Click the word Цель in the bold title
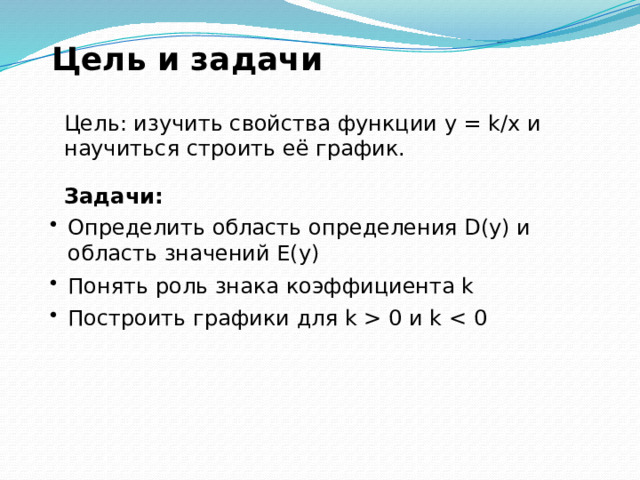coord(99,60)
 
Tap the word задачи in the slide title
coord(257,60)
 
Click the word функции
coord(387,125)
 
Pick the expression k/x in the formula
coord(504,123)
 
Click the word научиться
coord(122,150)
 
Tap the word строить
coord(231,149)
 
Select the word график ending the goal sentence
coord(357,149)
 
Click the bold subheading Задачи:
coord(113,196)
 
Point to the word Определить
coord(136,228)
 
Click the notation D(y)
coord(487,228)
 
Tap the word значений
coord(217,254)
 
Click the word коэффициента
coord(370,287)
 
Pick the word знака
coord(247,287)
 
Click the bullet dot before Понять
coord(53,283)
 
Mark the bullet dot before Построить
coord(53,315)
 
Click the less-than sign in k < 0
coord(458,319)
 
